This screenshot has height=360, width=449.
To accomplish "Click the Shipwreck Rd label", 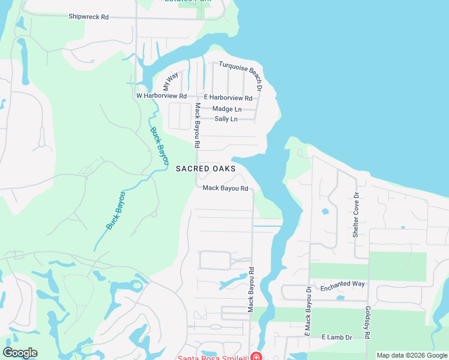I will pyautogui.click(x=88, y=17).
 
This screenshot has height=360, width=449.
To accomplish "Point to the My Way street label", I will pyautogui.click(x=170, y=81).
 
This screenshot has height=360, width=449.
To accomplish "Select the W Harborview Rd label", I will pyautogui.click(x=161, y=96).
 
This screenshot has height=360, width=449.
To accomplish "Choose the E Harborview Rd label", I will pyautogui.click(x=228, y=98).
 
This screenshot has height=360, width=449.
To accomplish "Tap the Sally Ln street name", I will pyautogui.click(x=225, y=119).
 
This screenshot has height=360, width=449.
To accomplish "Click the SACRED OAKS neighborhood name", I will pyautogui.click(x=202, y=169).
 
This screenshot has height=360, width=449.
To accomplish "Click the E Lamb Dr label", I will pyautogui.click(x=337, y=338).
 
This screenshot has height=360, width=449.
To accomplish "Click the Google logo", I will pyautogui.click(x=20, y=353).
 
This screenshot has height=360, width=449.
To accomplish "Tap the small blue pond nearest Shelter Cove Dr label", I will pyautogui.click(x=325, y=211).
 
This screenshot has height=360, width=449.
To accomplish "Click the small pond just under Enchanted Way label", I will pyautogui.click(x=340, y=298).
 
